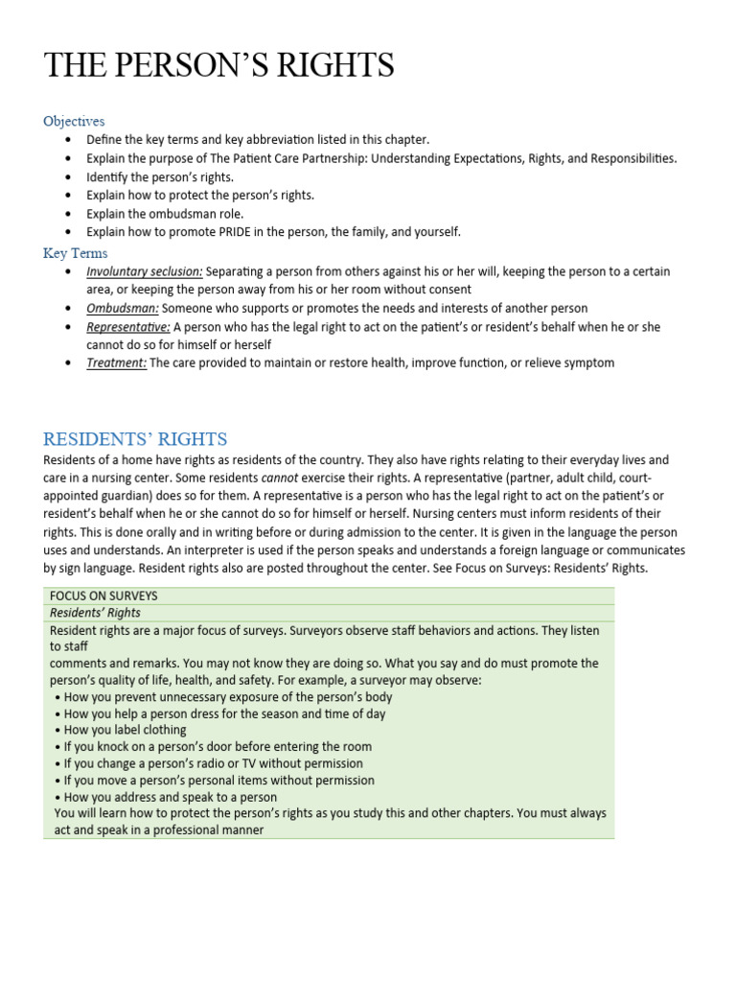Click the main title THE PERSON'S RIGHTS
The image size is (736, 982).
pos(219,65)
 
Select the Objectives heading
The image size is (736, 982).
pos(74,121)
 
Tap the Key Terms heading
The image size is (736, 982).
pos(76,253)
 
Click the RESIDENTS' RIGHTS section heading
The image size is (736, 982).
pos(135,439)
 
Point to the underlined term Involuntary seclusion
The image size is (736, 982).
pos(144,271)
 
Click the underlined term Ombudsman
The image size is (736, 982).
pos(123,308)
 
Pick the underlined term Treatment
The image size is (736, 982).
pos(117,362)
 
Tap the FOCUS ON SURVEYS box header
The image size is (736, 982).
pos(103,596)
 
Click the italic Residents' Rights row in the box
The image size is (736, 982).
pos(95,613)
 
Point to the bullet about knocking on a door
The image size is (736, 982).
pos(216,746)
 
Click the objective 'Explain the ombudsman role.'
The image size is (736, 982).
pos(165,213)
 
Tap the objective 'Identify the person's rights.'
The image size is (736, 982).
pos(160,176)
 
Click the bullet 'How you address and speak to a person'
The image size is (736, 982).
pos(168,797)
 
